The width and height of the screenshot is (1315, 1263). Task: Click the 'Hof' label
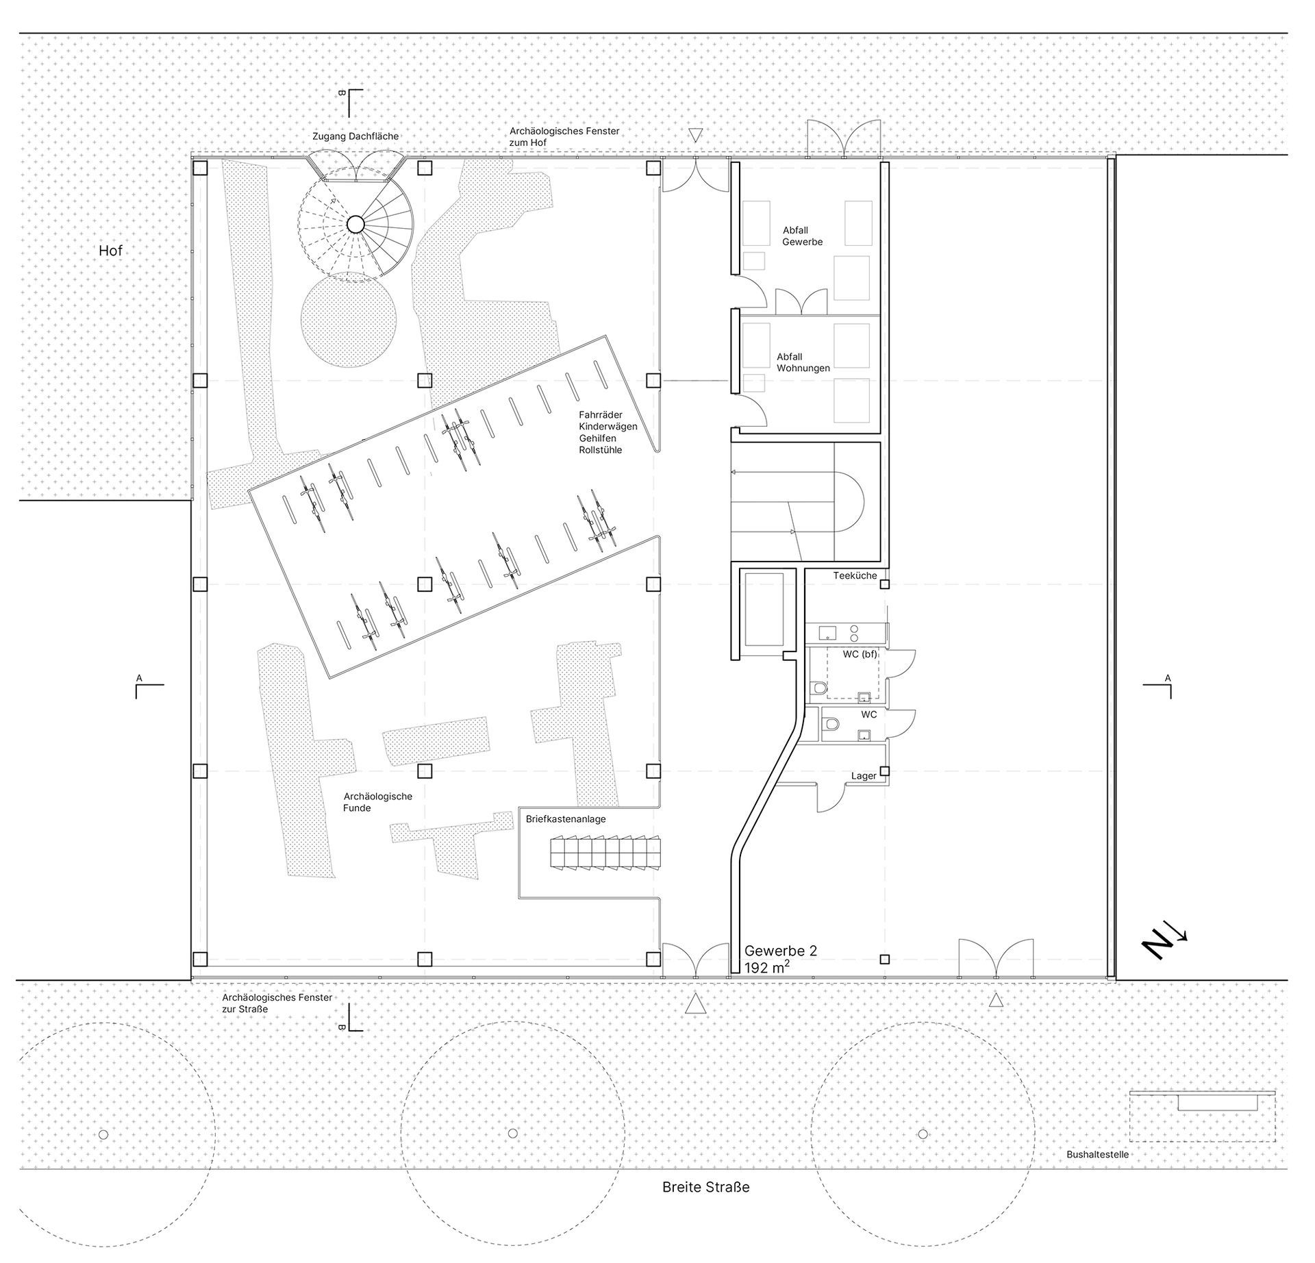110,251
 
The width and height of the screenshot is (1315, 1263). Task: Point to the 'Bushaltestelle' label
1097,1154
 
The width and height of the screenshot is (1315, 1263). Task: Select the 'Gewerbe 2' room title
781,951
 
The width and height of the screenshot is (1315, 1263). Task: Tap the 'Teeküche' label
855,575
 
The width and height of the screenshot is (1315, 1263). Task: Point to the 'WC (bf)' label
860,654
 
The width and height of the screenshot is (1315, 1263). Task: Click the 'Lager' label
864,776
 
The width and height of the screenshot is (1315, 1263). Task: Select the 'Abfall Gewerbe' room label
803,236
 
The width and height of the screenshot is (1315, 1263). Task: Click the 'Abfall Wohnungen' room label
803,362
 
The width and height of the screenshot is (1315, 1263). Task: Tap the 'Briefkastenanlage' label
566,819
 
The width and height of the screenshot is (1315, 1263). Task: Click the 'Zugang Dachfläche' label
355,136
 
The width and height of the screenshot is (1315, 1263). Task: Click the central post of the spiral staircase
355,224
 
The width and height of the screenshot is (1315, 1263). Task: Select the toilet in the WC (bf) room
818,688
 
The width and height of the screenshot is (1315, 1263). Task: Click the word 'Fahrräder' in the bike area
601,414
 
